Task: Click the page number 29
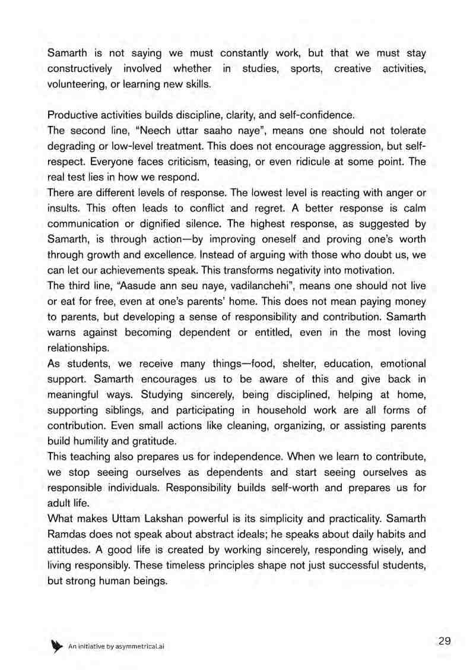pos(445,641)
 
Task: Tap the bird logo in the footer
pos(57,646)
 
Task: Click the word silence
pos(209,223)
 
